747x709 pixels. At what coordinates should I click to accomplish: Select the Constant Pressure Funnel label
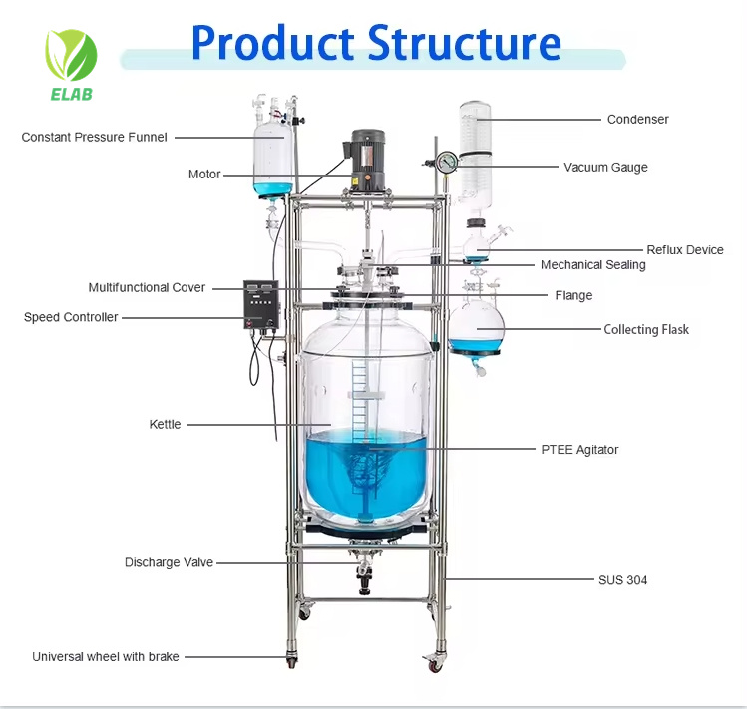(95, 137)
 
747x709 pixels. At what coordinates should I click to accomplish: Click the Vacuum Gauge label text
(605, 167)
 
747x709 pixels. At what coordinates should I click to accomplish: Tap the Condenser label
(637, 119)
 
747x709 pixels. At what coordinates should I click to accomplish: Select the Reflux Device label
(684, 250)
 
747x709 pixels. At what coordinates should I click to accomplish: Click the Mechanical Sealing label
(592, 265)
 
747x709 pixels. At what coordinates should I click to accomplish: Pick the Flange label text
(573, 295)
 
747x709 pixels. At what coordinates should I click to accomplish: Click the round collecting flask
(476, 326)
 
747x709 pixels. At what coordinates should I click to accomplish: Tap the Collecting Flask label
(645, 329)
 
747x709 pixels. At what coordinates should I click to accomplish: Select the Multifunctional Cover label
(147, 287)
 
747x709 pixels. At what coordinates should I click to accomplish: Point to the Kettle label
(165, 424)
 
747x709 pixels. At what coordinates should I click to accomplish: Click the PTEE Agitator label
(579, 450)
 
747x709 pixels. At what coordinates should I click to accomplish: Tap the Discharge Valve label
(169, 562)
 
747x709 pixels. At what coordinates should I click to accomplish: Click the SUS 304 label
(622, 579)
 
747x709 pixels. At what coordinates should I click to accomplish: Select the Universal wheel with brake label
(106, 656)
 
